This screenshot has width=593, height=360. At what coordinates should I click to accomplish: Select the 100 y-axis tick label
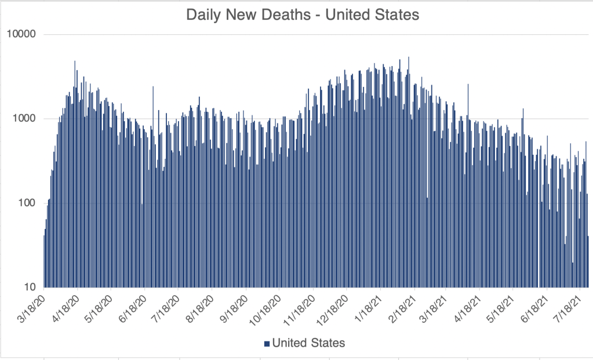point(26,203)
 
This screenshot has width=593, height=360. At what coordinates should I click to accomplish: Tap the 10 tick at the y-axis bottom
point(29,288)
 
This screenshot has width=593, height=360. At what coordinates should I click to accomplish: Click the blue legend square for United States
point(267,344)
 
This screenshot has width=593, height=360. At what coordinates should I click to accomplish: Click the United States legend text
point(308,343)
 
